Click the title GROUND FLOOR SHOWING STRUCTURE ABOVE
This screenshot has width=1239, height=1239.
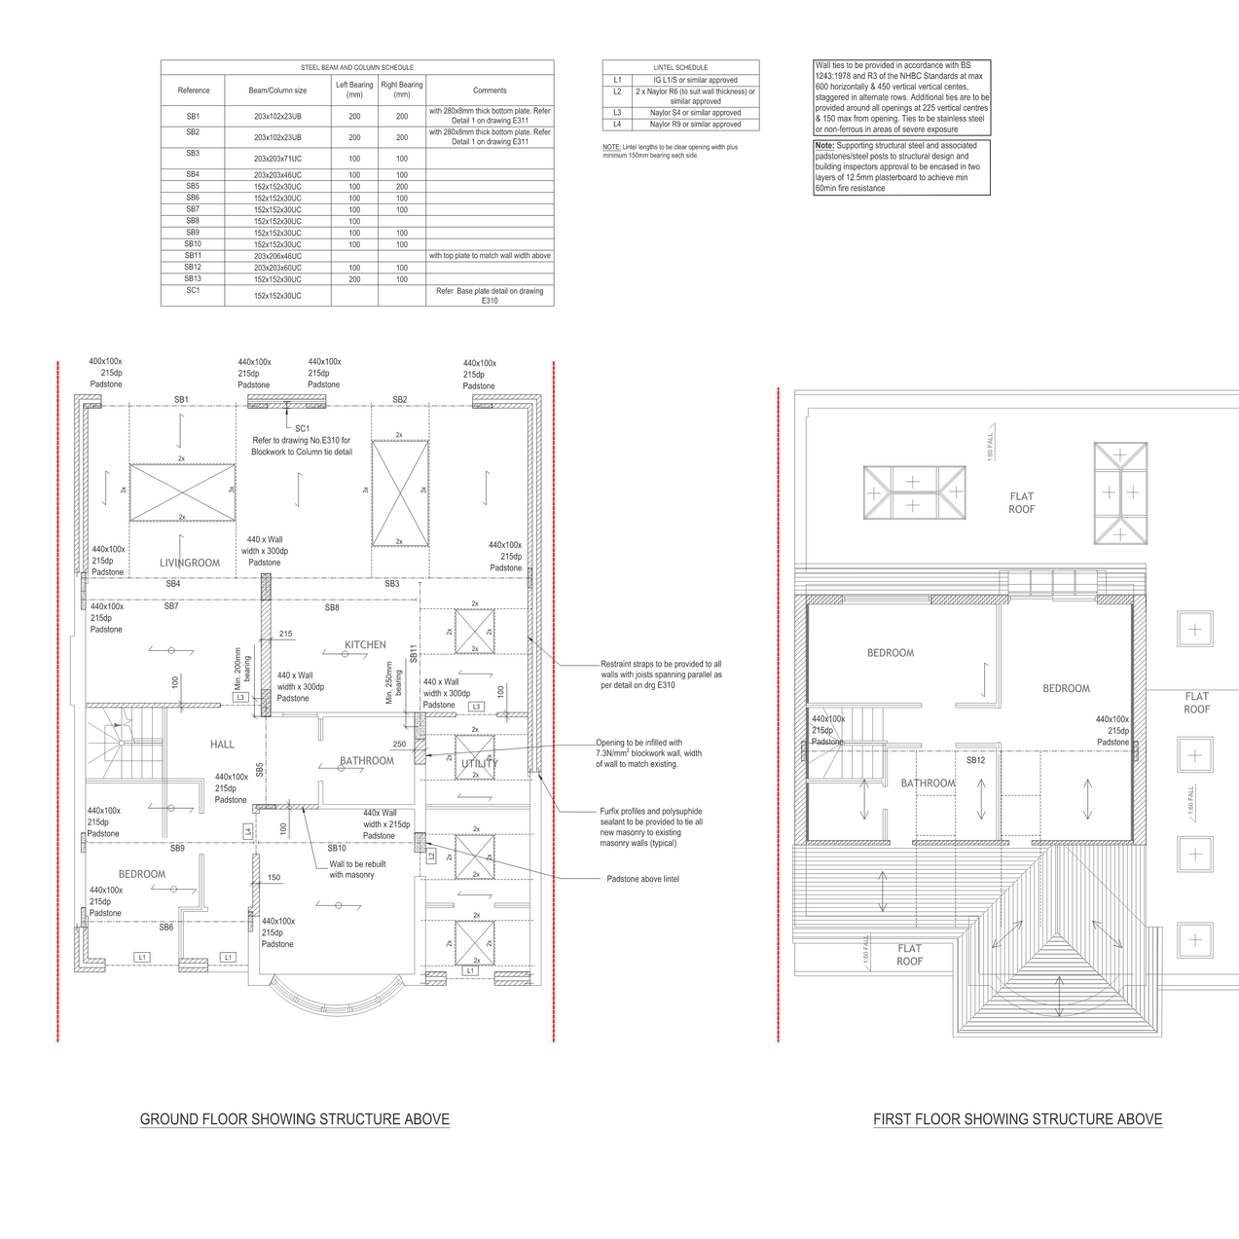pos(294,1119)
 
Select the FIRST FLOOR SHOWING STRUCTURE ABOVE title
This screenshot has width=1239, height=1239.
pos(1017,1119)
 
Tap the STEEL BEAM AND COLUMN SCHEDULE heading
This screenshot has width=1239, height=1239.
pos(356,67)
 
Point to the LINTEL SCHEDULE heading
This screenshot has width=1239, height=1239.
pos(680,67)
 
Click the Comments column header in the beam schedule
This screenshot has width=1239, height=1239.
pos(490,91)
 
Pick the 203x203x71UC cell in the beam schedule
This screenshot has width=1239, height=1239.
pos(277,159)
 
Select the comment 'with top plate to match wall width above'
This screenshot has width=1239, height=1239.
pos(490,256)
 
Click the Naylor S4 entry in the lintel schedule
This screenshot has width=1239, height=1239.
pos(695,113)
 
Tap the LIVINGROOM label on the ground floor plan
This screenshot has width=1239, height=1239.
pos(190,563)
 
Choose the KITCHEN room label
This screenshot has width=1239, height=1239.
pos(365,644)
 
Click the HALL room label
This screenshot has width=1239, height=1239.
pos(222,745)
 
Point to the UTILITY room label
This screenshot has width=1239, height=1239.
pos(479,764)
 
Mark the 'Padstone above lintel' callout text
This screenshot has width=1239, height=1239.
pos(642,879)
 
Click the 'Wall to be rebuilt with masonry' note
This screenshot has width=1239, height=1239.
pos(357,869)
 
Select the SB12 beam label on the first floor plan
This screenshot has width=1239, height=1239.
pos(975,760)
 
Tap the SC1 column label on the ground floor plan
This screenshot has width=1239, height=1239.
pos(302,428)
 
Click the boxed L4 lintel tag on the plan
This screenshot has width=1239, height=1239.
pos(248,831)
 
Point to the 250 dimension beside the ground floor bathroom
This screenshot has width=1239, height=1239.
pos(399,745)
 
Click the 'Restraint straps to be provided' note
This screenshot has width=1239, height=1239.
pos(661,674)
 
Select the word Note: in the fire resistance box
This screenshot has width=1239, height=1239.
pos(824,145)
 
